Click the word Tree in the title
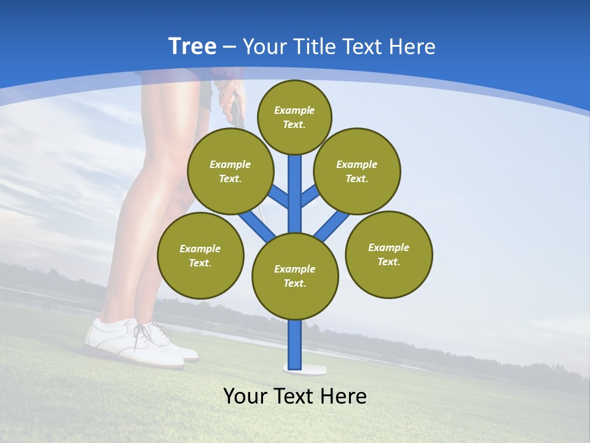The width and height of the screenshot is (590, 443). [192, 46]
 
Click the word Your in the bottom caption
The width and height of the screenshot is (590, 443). [245, 396]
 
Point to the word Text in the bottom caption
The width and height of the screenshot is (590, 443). [293, 396]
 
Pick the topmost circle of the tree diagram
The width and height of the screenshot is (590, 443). [294, 117]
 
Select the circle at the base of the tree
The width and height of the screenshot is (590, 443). [295, 276]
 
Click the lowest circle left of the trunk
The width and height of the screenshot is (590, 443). [200, 256]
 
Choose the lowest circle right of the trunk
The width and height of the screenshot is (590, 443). [388, 255]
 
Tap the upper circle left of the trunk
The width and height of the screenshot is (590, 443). [230, 172]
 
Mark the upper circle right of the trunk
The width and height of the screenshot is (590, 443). [356, 172]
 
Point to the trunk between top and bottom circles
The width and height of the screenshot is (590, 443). [295, 194]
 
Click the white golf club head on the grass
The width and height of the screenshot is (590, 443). [305, 369]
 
